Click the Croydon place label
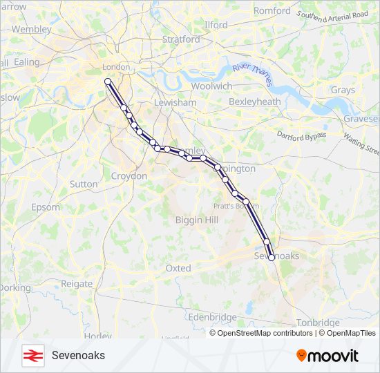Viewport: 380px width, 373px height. point(129,176)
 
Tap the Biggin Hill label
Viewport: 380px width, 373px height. point(196,220)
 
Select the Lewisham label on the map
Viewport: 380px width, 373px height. point(175,102)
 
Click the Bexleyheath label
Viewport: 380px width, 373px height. point(255,102)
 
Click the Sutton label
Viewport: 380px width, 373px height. point(84,184)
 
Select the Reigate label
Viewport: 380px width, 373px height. point(77,284)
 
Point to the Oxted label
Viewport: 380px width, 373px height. point(178,268)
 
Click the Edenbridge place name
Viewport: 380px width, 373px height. point(213,317)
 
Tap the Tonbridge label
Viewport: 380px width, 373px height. point(318,323)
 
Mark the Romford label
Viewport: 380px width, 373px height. point(272,11)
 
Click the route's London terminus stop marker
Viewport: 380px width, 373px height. point(108,82)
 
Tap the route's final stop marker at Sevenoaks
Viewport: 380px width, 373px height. point(272,257)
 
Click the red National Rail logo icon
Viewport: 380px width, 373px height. point(32,355)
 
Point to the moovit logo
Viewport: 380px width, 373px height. point(327,356)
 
